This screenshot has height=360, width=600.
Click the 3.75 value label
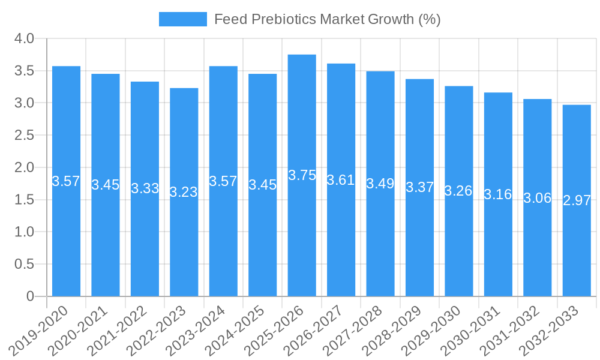coord(302,175)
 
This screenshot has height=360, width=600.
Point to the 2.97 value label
coord(577,200)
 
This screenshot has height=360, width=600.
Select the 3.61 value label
coord(341,180)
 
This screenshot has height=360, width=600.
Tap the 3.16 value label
coord(498,194)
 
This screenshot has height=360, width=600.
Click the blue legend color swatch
coord(182,19)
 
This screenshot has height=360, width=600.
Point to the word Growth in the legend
coord(391,19)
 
